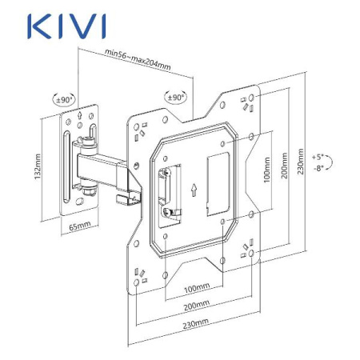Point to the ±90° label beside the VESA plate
coord(175,97)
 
